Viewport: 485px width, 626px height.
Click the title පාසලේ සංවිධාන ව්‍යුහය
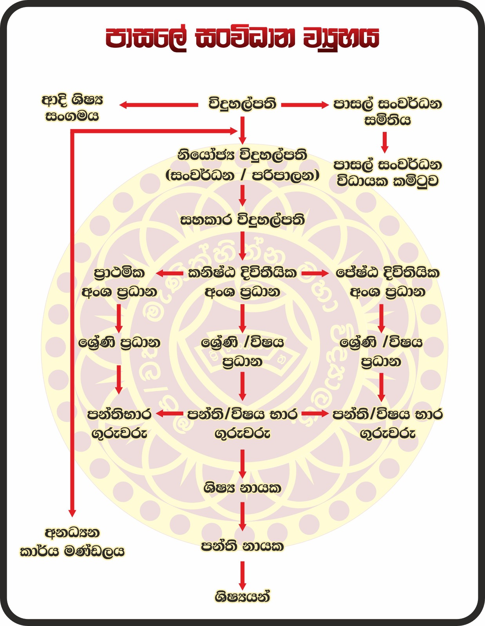(242, 38)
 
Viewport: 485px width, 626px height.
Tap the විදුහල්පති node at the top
(242, 104)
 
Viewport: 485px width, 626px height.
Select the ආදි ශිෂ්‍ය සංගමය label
(72, 108)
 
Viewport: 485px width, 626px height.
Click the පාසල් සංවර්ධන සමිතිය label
(387, 112)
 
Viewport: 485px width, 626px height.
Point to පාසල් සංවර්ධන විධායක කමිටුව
(387, 173)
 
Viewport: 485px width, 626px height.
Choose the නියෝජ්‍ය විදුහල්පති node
(242, 165)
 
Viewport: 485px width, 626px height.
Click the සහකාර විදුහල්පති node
(242, 220)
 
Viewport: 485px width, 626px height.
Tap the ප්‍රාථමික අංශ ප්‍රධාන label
(119, 282)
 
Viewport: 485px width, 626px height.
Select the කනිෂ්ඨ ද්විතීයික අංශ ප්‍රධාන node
(242, 282)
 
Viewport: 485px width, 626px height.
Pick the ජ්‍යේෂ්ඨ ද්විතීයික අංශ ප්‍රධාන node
(387, 282)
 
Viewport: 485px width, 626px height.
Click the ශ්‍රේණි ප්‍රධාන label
(119, 343)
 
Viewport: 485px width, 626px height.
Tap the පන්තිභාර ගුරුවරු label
(119, 424)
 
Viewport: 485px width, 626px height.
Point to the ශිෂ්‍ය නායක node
(242, 488)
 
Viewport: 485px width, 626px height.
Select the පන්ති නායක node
(242, 546)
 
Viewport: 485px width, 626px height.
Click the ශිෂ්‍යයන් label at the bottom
(242, 597)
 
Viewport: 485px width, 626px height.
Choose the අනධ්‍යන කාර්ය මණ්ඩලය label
(72, 542)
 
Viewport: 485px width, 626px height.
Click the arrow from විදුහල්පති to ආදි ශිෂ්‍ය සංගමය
(159, 105)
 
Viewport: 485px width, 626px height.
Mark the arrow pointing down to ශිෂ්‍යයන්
(242, 575)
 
